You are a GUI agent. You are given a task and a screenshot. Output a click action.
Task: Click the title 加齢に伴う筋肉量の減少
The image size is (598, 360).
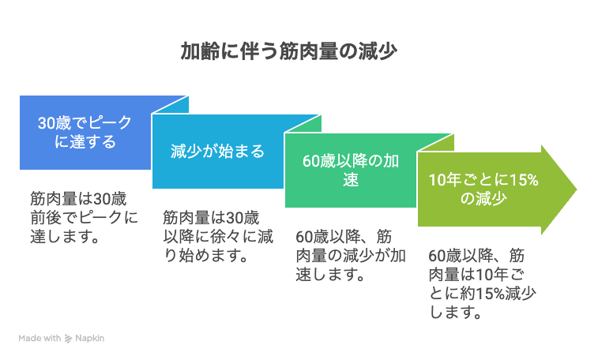click(x=288, y=51)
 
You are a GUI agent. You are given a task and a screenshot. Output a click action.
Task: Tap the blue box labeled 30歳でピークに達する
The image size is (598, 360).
click(x=85, y=133)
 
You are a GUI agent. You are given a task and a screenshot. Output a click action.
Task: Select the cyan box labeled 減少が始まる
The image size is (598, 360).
click(x=218, y=152)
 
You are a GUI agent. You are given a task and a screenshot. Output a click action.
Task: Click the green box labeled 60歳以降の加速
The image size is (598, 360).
click(x=351, y=171)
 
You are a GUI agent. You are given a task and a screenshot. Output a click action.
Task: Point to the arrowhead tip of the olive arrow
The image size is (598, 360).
click(x=577, y=189)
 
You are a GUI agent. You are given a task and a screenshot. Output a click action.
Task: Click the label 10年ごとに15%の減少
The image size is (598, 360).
click(x=483, y=189)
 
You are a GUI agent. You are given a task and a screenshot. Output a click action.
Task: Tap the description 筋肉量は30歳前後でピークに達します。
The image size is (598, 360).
click(x=85, y=218)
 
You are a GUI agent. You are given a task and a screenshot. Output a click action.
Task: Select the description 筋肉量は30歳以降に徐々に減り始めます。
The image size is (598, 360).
click(x=218, y=236)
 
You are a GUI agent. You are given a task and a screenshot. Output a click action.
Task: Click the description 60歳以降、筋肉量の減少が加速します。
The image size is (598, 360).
click(x=351, y=255)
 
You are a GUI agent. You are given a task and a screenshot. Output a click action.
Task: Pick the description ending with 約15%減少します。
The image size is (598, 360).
click(x=483, y=283)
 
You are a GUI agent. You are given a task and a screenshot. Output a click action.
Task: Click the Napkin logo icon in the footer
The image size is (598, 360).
click(x=68, y=338)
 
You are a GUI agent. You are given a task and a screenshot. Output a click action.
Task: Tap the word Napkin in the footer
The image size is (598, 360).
click(x=89, y=338)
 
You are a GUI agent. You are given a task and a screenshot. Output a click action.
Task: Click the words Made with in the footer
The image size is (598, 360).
click(x=39, y=338)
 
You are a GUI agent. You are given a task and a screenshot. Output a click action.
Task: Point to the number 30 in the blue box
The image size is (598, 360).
click(x=45, y=123)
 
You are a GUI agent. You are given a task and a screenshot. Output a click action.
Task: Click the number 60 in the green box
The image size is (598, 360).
click(x=310, y=161)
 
